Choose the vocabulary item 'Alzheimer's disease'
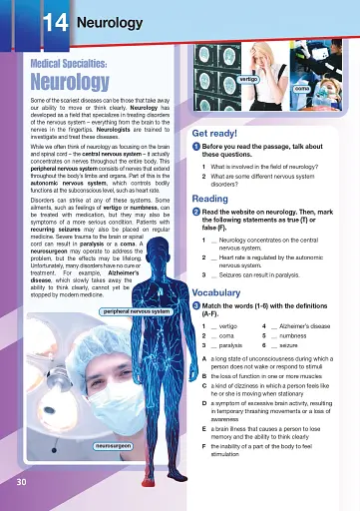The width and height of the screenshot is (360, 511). tap(308, 326)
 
